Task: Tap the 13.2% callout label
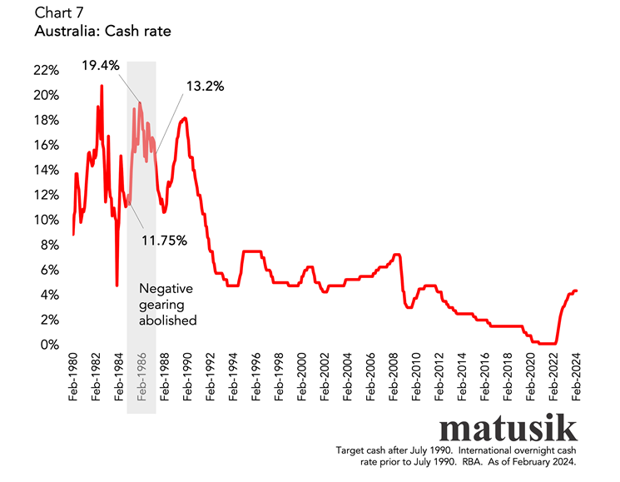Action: pyautogui.click(x=203, y=86)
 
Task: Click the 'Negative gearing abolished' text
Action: pyautogui.click(x=166, y=304)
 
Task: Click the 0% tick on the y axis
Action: pyautogui.click(x=52, y=345)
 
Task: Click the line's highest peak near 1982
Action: pyautogui.click(x=102, y=86)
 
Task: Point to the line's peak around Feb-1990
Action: pyautogui.click(x=185, y=118)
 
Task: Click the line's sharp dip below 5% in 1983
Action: pyautogui.click(x=117, y=286)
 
